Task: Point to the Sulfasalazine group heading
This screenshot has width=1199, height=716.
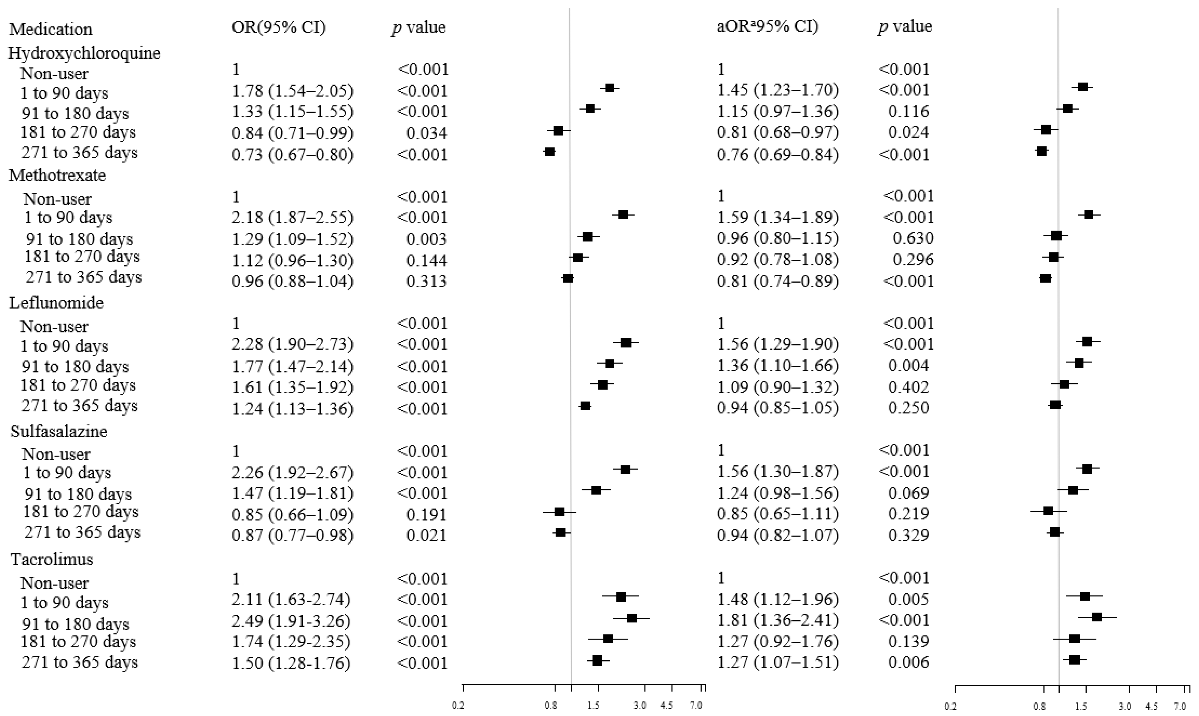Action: pos(59,431)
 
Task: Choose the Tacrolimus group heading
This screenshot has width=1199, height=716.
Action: pos(52,559)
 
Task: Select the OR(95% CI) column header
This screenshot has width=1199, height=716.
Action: pos(279,27)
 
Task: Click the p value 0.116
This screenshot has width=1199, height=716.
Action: pos(909,112)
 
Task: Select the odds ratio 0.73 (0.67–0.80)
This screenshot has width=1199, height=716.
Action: pos(292,154)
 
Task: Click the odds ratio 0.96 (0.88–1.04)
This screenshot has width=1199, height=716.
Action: pos(292,281)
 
